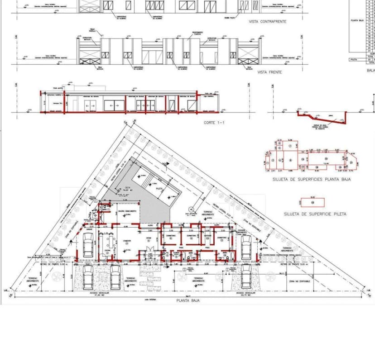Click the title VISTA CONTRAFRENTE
tap(267, 21)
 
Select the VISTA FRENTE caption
tap(269, 72)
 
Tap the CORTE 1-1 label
tap(215, 122)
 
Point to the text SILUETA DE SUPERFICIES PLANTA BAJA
tap(311, 179)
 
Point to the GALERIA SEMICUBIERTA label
tap(127, 211)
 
